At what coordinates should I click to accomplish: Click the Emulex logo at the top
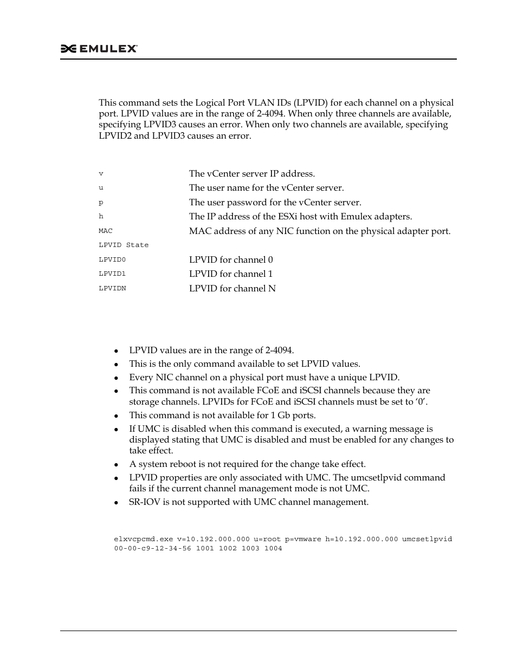(x=99, y=49)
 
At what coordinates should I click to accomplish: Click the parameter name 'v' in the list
(x=101, y=174)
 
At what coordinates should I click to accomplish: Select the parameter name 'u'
(x=101, y=188)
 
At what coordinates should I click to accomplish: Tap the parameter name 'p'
(x=101, y=203)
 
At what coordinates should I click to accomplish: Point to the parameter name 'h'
(x=101, y=217)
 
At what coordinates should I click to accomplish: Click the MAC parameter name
(x=106, y=231)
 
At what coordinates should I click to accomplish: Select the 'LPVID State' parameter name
(x=124, y=245)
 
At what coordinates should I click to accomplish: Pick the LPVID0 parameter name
(x=112, y=260)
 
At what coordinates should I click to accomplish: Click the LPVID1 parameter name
(x=112, y=274)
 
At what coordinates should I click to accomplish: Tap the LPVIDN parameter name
(x=112, y=289)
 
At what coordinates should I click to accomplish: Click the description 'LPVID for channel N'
(x=232, y=289)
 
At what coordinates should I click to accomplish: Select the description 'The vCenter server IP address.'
(x=251, y=174)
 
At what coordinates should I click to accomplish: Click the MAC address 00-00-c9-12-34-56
(x=152, y=549)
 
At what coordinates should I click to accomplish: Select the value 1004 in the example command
(x=273, y=549)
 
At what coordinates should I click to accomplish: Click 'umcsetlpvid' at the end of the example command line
(x=427, y=540)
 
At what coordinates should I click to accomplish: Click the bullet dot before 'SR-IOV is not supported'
(x=117, y=503)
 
